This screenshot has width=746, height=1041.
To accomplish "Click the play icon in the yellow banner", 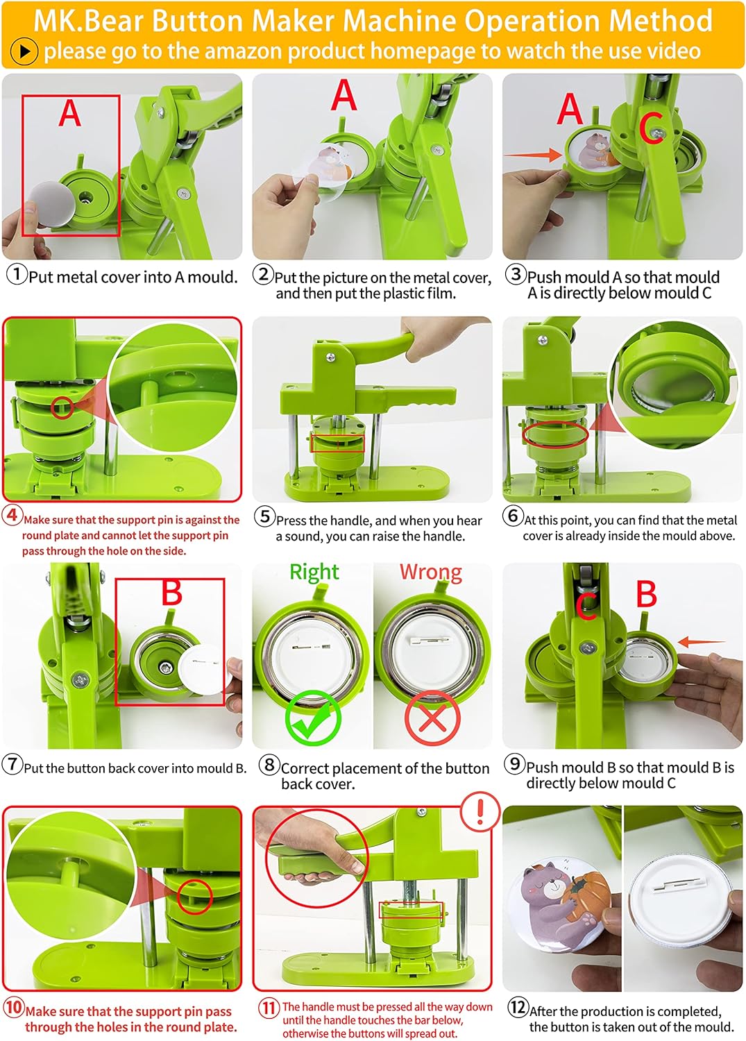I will click(24, 51).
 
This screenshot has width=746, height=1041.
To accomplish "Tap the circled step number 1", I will click(17, 274).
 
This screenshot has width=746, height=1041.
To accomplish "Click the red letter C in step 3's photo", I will click(652, 128).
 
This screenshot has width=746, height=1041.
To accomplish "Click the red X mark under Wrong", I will click(432, 719).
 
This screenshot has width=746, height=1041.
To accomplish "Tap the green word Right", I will click(314, 572).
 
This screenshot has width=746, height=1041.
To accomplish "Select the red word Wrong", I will click(430, 572).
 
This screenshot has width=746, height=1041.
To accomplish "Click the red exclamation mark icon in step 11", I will click(480, 810).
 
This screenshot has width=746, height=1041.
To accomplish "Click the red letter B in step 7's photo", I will click(171, 593).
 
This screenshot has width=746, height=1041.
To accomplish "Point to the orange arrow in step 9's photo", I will click(701, 642).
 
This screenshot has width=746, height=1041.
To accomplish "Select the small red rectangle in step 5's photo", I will click(338, 443).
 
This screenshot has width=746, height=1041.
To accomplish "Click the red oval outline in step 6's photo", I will click(556, 435).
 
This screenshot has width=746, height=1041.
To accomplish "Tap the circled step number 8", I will click(269, 765).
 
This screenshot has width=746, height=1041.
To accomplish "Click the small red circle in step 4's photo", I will click(62, 407).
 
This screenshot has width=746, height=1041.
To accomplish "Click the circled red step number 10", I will click(14, 1007).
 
